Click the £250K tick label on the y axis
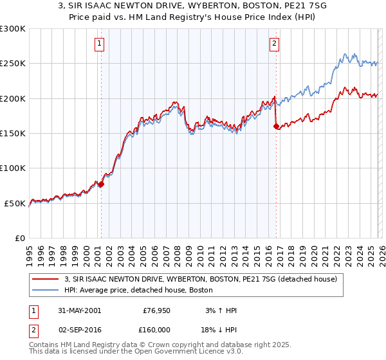point(13,64)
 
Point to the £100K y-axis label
point(13,168)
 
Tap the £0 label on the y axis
point(19,238)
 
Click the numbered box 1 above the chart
point(100,44)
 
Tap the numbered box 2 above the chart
point(275,44)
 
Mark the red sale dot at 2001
point(101,184)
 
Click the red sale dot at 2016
point(276,127)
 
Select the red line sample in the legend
point(47,279)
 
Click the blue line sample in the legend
point(47,290)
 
